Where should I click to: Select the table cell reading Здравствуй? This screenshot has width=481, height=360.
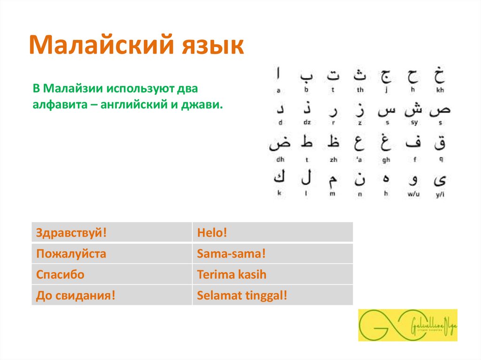pos(112,232)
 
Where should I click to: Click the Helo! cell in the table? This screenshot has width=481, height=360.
pos(272,232)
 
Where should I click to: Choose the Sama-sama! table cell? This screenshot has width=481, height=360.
pos(272,254)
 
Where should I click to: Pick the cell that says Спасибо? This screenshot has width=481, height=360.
pos(112,275)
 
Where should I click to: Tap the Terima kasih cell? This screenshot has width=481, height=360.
pos(272,275)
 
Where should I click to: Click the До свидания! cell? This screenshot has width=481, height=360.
pos(112,296)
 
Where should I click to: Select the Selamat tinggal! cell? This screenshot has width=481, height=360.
pos(272,296)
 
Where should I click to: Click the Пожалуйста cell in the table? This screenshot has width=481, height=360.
pos(112,254)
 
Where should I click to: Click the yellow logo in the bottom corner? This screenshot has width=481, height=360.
pos(407,325)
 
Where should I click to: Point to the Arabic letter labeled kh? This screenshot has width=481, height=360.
pos(440,75)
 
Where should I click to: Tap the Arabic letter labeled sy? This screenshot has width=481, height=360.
pos(414,109)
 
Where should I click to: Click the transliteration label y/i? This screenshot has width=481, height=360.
pos(440,194)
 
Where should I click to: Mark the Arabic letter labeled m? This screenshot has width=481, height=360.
pos(333,178)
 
